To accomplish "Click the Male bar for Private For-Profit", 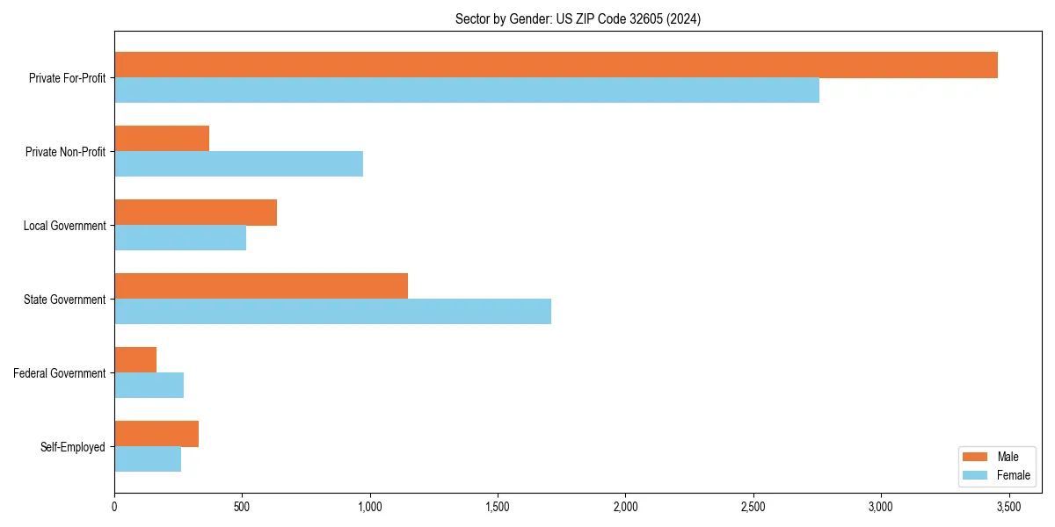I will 556,65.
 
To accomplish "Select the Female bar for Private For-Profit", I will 467,90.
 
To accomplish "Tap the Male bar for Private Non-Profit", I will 162,139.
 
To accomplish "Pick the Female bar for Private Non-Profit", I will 238,164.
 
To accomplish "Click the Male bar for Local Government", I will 195,213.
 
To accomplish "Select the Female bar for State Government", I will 332,312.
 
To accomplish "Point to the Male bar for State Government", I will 261,286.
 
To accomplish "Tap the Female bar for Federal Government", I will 149,386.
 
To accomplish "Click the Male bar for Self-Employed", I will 156,434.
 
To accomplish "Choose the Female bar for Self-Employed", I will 148,459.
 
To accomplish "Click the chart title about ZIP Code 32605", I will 578,18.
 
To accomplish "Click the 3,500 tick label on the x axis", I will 1008,507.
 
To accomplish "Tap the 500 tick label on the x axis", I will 242,507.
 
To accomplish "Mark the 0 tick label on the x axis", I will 114,507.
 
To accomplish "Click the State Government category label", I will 64,300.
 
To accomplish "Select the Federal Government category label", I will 60,373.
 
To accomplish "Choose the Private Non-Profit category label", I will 65,152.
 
